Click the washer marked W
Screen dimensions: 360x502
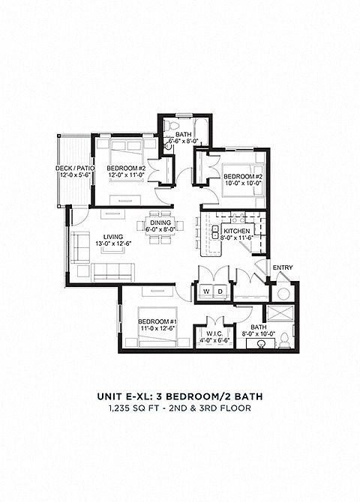click(207, 291)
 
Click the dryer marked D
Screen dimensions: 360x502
click(220, 291)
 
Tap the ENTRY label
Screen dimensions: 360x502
click(283, 267)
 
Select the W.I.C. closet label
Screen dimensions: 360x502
click(216, 333)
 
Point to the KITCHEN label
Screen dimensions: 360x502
click(237, 232)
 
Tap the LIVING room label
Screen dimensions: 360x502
click(113, 237)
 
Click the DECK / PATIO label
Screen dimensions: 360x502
click(75, 169)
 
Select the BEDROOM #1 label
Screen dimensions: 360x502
click(157, 321)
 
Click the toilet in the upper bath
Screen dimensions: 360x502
click(169, 125)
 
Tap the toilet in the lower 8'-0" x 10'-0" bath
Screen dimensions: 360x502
click(284, 341)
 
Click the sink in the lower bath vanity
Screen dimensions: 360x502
click(261, 344)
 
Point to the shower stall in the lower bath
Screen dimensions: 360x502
click(280, 312)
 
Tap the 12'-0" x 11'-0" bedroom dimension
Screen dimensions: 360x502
click(126, 175)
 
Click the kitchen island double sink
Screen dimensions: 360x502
click(215, 232)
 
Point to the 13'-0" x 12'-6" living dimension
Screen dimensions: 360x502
click(113, 244)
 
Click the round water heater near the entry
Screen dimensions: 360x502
click(283, 293)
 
